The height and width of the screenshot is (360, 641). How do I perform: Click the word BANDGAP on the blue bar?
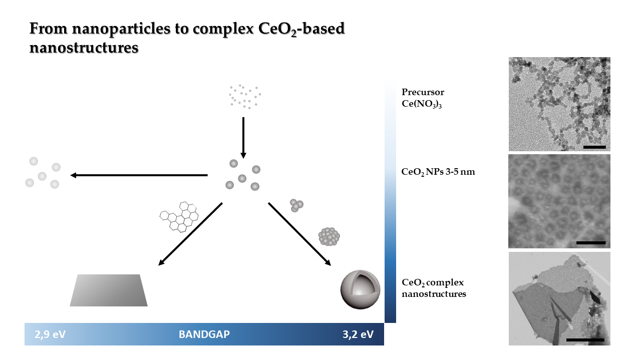204,334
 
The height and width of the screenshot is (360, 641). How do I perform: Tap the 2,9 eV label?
50,334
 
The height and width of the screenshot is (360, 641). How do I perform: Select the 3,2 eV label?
358,334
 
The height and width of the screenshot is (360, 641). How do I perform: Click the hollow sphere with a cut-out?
360,289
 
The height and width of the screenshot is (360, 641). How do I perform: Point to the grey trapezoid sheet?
109,290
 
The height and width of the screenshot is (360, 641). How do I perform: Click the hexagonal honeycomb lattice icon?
179,217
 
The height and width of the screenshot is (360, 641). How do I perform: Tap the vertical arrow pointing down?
243,138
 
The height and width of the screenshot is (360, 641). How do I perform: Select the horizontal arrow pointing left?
139,175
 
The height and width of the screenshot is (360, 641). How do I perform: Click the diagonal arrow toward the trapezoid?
190,234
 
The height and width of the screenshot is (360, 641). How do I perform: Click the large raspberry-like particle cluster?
329,236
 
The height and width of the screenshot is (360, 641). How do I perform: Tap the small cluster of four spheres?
296,205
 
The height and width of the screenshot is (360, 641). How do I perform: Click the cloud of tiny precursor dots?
245,97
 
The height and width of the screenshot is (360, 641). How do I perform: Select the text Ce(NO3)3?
422,104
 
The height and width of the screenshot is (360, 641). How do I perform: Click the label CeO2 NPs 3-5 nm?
438,172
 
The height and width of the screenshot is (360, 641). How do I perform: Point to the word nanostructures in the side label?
434,294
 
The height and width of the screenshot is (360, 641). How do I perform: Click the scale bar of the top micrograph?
594,147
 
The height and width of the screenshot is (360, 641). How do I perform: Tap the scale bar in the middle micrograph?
591,243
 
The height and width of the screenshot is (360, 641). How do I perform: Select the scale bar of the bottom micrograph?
585,340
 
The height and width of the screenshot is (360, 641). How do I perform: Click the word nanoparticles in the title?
121,29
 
